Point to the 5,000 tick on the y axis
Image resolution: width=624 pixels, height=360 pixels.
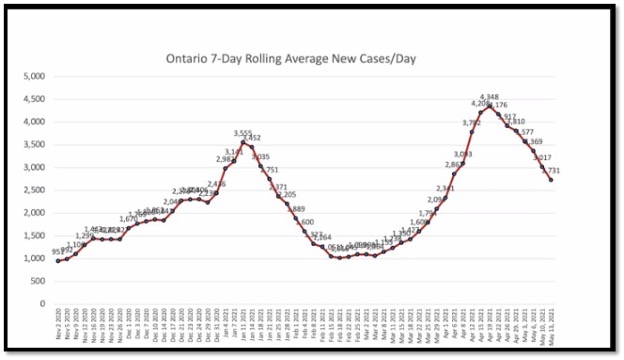tap(33, 76)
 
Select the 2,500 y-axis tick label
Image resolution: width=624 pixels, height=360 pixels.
tap(33, 190)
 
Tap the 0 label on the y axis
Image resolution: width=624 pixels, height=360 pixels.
tap(41, 304)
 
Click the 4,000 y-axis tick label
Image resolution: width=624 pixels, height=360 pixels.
tap(33, 122)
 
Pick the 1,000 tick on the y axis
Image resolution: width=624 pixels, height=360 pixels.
tap(33, 258)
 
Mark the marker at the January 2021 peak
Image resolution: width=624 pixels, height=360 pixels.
tap(242, 142)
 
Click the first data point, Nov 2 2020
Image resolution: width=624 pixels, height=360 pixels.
tap(58, 260)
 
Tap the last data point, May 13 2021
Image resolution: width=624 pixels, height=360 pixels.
tap(550, 180)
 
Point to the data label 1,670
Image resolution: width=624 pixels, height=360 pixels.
tap(129, 219)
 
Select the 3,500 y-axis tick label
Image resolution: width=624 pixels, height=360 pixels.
tap(33, 144)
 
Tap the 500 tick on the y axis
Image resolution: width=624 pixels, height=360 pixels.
tap(36, 281)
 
